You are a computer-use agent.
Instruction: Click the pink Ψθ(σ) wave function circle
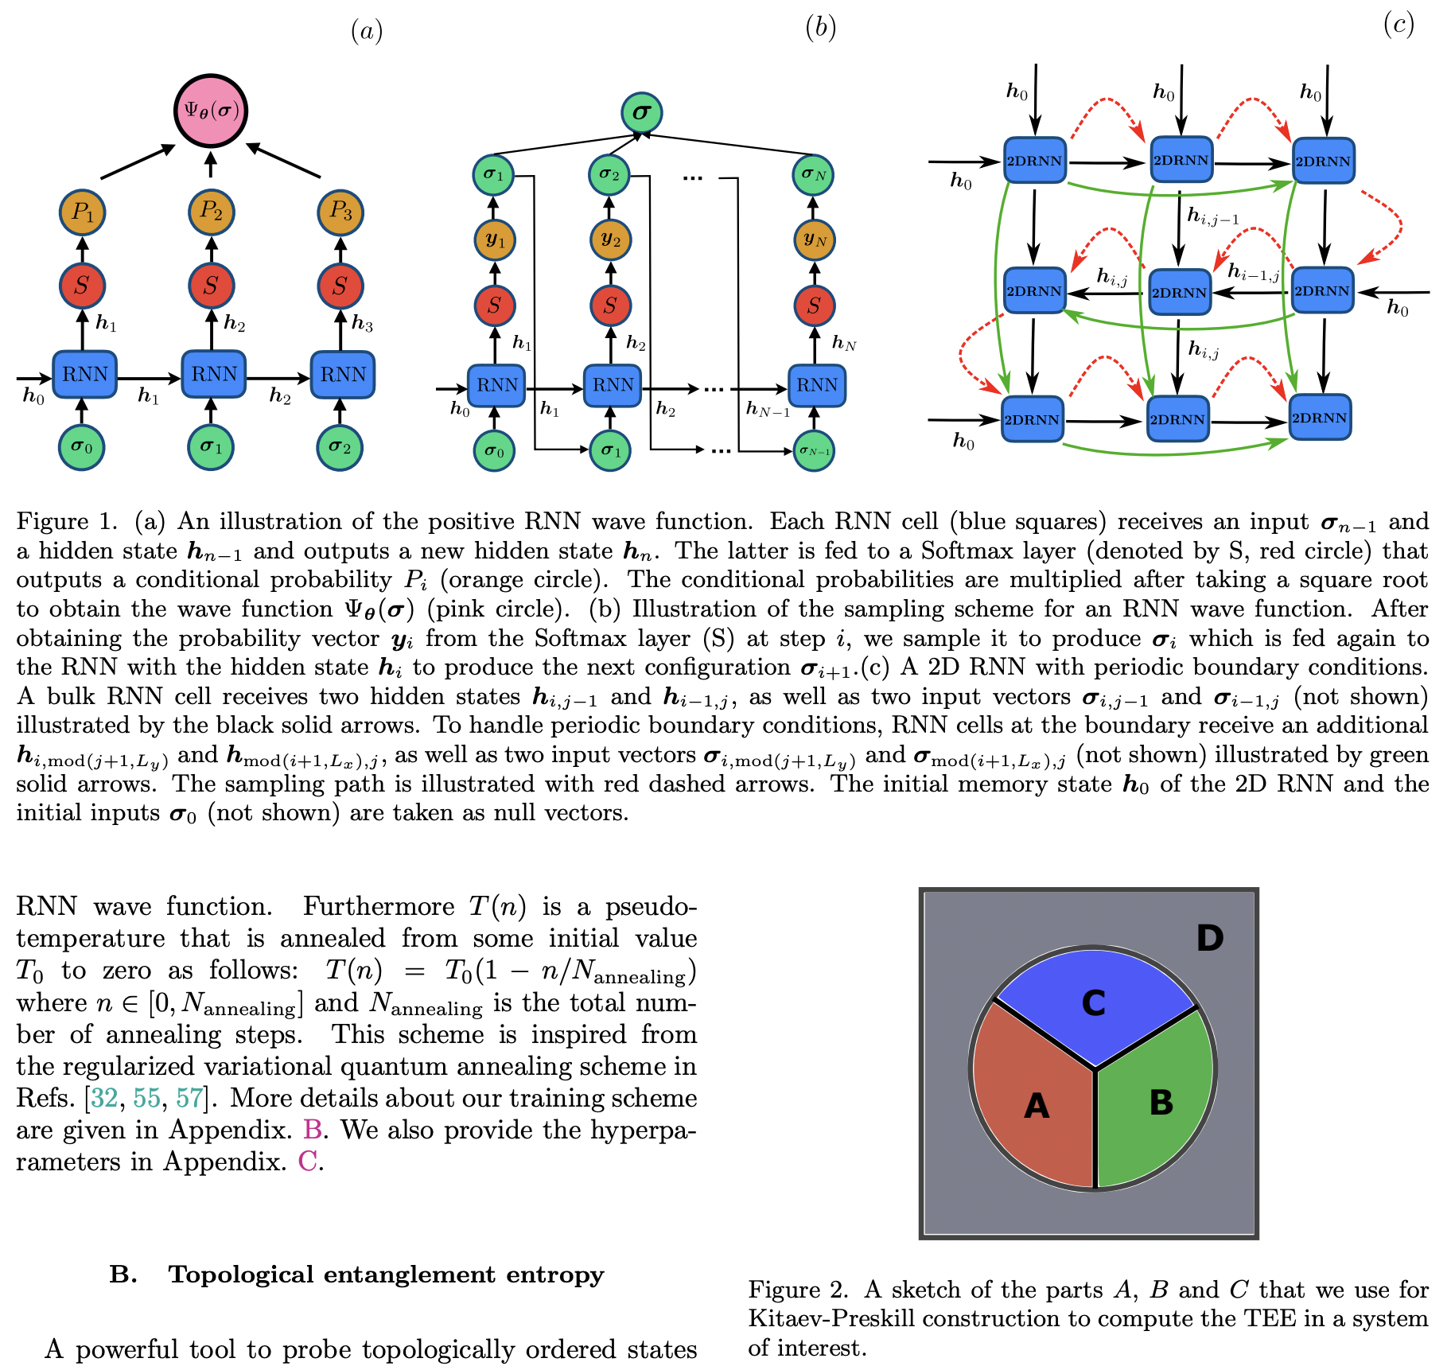coord(211,111)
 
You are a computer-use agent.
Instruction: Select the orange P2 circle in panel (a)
coord(211,212)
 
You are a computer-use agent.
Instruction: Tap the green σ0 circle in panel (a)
coord(81,447)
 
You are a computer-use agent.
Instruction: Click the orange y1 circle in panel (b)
coord(494,240)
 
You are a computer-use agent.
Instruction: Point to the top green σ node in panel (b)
coord(641,113)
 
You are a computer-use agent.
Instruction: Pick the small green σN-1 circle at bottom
coord(814,451)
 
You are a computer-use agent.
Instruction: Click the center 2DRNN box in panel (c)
coord(1179,292)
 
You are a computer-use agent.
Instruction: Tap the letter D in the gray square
coord(1209,939)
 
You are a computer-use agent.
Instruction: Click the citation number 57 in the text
coord(189,1098)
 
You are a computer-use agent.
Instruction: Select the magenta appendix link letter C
coord(307,1162)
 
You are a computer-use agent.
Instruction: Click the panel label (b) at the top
coord(820,29)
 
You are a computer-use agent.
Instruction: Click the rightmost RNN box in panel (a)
coord(342,374)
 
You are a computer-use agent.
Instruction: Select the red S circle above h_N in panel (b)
coord(813,306)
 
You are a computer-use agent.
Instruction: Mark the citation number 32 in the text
coord(104,1098)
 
